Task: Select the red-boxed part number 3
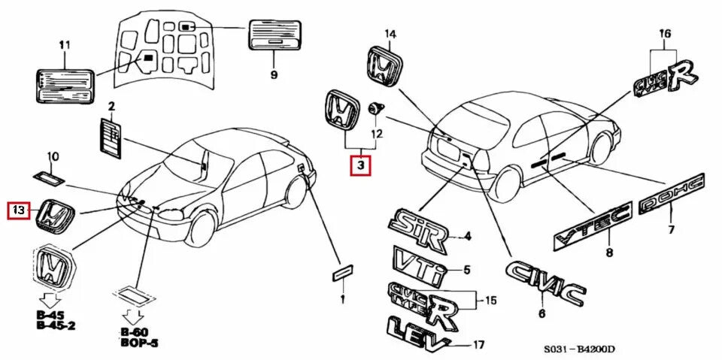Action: click(x=360, y=165)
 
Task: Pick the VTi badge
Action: click(x=418, y=263)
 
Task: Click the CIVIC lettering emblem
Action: click(x=545, y=283)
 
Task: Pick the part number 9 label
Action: click(x=275, y=74)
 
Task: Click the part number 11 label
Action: click(x=64, y=46)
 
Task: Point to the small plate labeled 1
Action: click(x=342, y=272)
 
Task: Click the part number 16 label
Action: click(x=664, y=33)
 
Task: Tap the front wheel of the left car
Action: click(x=202, y=228)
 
